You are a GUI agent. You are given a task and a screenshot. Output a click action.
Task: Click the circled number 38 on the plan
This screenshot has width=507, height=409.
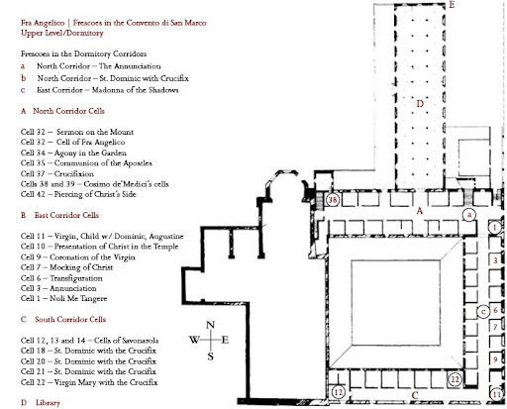pyautogui.click(x=333, y=200)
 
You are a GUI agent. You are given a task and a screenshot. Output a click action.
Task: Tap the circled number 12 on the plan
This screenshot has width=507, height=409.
pyautogui.click(x=338, y=392)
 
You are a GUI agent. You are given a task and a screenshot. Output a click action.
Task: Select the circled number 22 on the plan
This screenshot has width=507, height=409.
pyautogui.click(x=455, y=379)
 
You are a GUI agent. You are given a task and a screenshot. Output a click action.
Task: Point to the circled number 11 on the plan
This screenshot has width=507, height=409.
pyautogui.click(x=497, y=394)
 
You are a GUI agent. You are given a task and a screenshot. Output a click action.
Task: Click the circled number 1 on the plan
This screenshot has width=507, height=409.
pyautogui.click(x=494, y=228)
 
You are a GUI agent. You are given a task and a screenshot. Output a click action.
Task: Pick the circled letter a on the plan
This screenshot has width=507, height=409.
pyautogui.click(x=469, y=215)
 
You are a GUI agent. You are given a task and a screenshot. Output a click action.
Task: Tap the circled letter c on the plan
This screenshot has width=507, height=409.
pyautogui.click(x=483, y=311)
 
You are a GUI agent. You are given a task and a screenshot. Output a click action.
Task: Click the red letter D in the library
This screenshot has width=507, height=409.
pyautogui.click(x=420, y=104)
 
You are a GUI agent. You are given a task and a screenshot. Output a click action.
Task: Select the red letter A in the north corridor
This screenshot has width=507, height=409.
pyautogui.click(x=420, y=211)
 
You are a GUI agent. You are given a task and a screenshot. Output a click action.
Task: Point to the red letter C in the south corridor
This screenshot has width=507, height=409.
pyautogui.click(x=415, y=395)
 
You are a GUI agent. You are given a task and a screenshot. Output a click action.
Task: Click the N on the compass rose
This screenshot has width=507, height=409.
pyautogui.click(x=210, y=325)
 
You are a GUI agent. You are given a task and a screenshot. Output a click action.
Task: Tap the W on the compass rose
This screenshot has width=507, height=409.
pyautogui.click(x=194, y=340)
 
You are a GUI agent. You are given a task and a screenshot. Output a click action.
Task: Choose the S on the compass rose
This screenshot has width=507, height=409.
pyautogui.click(x=210, y=357)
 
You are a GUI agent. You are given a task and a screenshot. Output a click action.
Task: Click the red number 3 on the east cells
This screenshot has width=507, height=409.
pyautogui.click(x=495, y=260)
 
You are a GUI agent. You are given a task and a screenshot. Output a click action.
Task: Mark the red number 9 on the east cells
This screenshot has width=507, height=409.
pyautogui.click(x=495, y=359)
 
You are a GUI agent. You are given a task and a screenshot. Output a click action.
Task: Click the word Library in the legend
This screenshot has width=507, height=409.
pyautogui.click(x=48, y=403)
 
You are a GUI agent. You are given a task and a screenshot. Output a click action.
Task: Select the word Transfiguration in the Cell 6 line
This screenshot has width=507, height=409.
pyautogui.click(x=76, y=278)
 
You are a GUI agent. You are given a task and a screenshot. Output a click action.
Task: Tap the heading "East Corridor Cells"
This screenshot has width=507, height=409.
pyautogui.click(x=66, y=215)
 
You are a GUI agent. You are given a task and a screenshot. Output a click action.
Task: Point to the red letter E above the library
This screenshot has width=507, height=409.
pyautogui.click(x=452, y=5)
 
